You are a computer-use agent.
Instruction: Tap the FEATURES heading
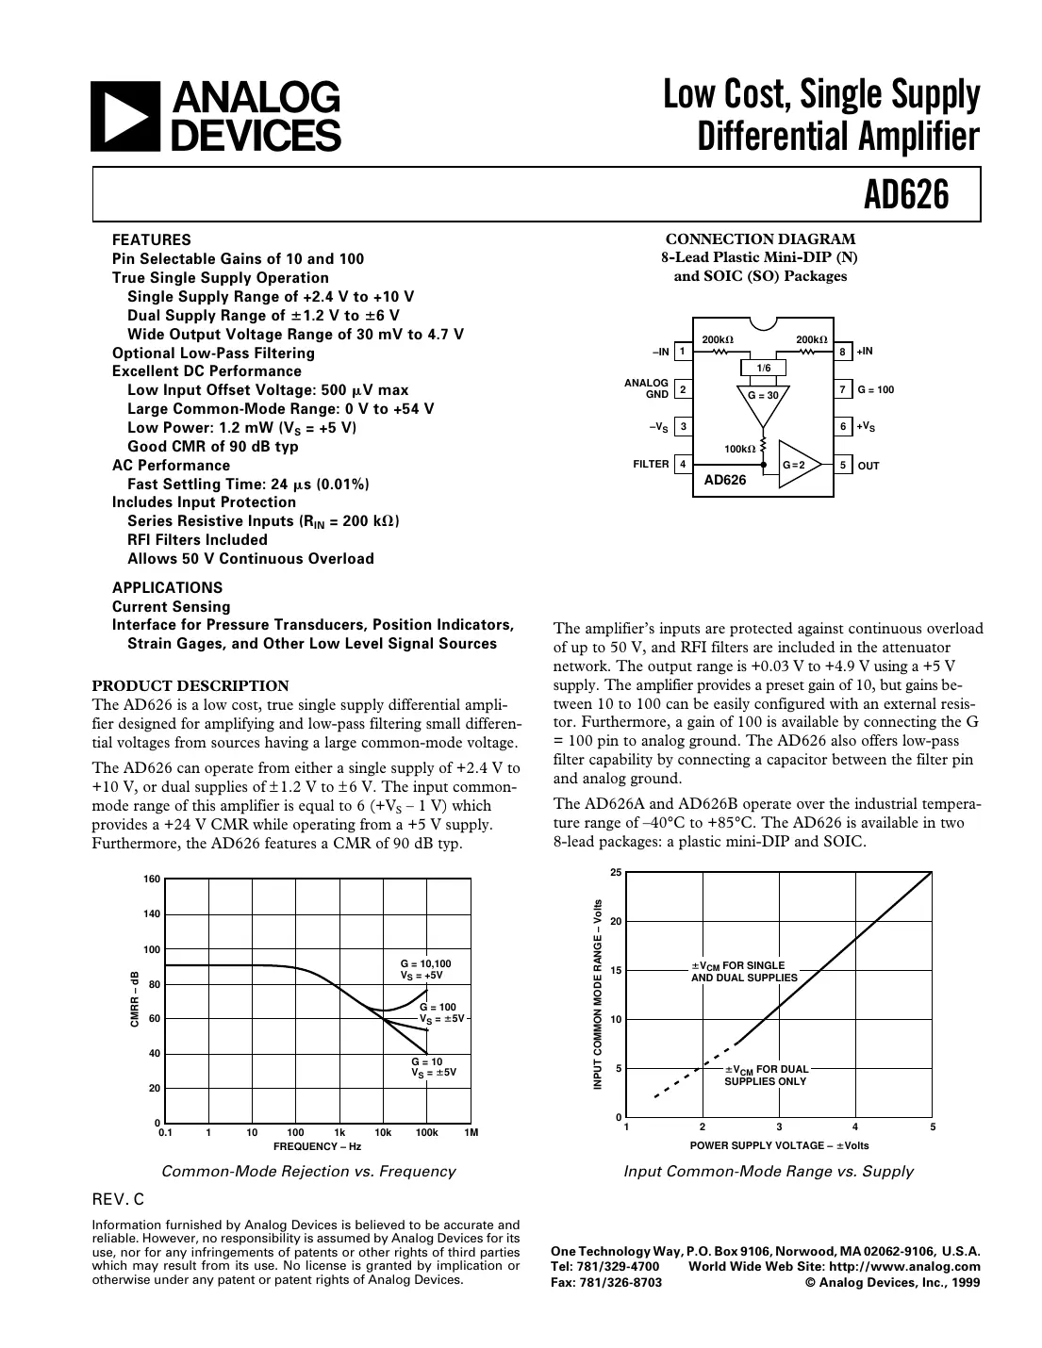click(x=151, y=239)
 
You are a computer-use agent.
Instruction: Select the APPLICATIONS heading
click(x=167, y=587)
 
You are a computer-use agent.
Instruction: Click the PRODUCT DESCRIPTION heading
click(x=190, y=685)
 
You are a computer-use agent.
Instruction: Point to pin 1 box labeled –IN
click(x=682, y=352)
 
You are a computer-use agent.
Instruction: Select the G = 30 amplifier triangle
click(x=763, y=399)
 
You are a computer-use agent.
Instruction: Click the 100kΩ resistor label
click(x=739, y=449)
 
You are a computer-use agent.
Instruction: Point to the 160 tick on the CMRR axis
click(x=152, y=879)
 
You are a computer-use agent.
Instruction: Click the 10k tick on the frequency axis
click(x=383, y=1132)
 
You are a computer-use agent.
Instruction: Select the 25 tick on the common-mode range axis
click(x=616, y=872)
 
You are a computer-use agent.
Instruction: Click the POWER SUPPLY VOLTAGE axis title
click(x=779, y=1145)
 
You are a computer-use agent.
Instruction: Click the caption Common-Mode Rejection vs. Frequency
click(x=308, y=1172)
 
